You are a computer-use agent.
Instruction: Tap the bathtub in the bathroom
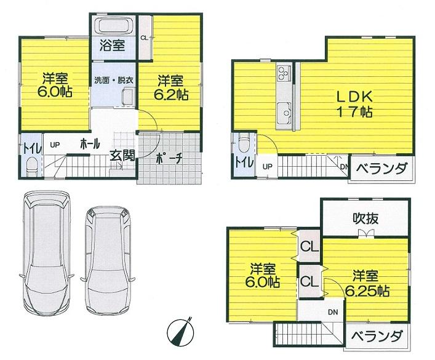(x=113, y=26)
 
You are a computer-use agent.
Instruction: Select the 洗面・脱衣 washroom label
(x=114, y=81)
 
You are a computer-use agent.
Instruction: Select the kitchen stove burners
(x=284, y=74)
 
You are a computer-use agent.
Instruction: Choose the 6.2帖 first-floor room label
(x=172, y=87)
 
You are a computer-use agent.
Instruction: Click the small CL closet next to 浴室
(x=143, y=38)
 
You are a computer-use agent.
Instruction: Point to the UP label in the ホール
(x=54, y=145)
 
